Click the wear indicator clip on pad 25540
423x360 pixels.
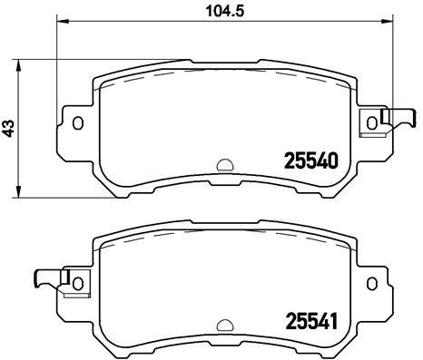click(391, 118)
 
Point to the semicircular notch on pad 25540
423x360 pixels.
click(222, 166)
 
